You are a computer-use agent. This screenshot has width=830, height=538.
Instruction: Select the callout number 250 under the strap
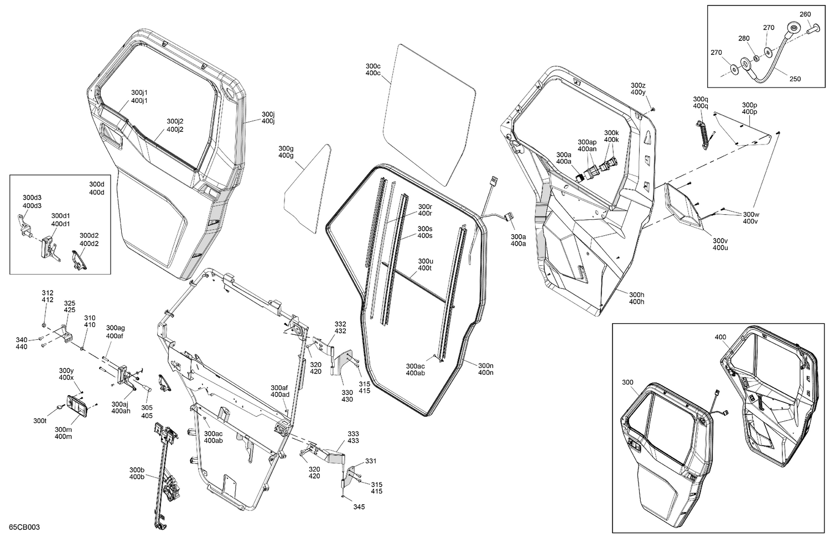point(795,79)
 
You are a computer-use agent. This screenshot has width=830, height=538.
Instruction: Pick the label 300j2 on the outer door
point(175,121)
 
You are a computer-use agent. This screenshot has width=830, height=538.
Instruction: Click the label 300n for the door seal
point(485,365)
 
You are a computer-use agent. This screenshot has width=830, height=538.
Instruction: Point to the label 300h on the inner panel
point(636,294)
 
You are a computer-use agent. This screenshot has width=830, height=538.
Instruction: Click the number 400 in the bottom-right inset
point(720,337)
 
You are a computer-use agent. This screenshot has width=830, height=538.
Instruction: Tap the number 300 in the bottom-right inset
point(627,382)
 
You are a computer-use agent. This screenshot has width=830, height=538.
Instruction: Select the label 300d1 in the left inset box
point(60,216)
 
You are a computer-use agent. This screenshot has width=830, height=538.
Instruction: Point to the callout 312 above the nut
point(48,293)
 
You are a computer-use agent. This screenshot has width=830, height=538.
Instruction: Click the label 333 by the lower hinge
point(353,433)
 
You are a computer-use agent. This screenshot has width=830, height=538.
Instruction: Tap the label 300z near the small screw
point(638,85)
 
